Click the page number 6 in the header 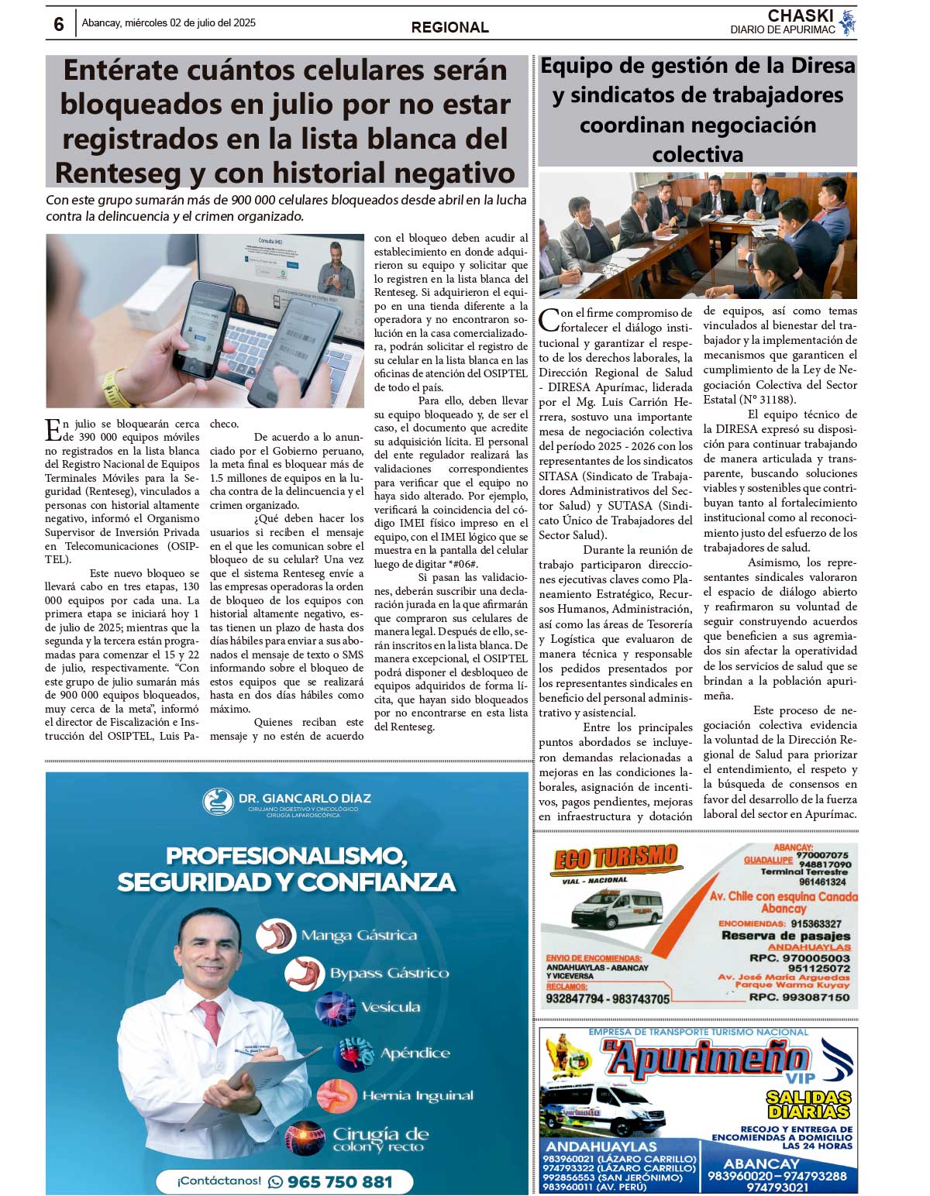pos(59,24)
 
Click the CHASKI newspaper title pos(800,15)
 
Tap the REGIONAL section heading pos(449,28)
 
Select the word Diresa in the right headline pos(818,66)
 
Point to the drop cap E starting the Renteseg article pos(53,429)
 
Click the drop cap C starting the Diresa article pos(549,319)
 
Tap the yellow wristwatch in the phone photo pos(115,387)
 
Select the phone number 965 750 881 pos(339,1181)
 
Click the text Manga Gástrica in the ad pos(359,936)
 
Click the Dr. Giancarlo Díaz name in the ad pos(304,798)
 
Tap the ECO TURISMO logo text pos(616,857)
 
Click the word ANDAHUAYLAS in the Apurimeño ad pos(601,1146)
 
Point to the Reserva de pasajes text pos(785,935)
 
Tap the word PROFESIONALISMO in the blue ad pos(286,856)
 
